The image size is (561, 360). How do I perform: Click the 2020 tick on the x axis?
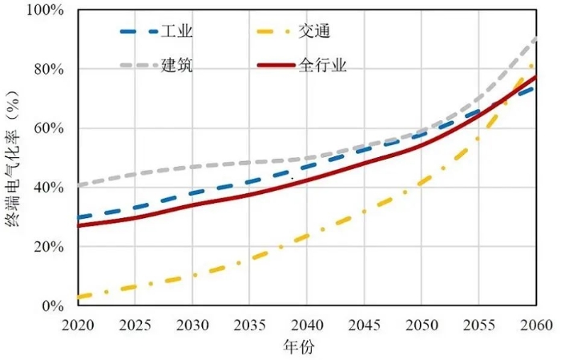[79, 324]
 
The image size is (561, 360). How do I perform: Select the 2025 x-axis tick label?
[135, 324]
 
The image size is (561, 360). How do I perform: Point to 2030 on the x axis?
[192, 324]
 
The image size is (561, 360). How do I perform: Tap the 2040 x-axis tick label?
[306, 324]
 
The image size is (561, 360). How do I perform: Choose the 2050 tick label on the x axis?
[421, 324]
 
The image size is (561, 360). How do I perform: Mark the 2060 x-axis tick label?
[535, 324]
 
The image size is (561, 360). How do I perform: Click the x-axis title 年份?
[306, 347]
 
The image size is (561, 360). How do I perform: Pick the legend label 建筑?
[177, 65]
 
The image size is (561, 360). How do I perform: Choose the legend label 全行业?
[322, 65]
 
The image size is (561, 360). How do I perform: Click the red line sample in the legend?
[275, 65]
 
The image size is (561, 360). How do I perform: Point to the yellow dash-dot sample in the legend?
[275, 32]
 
